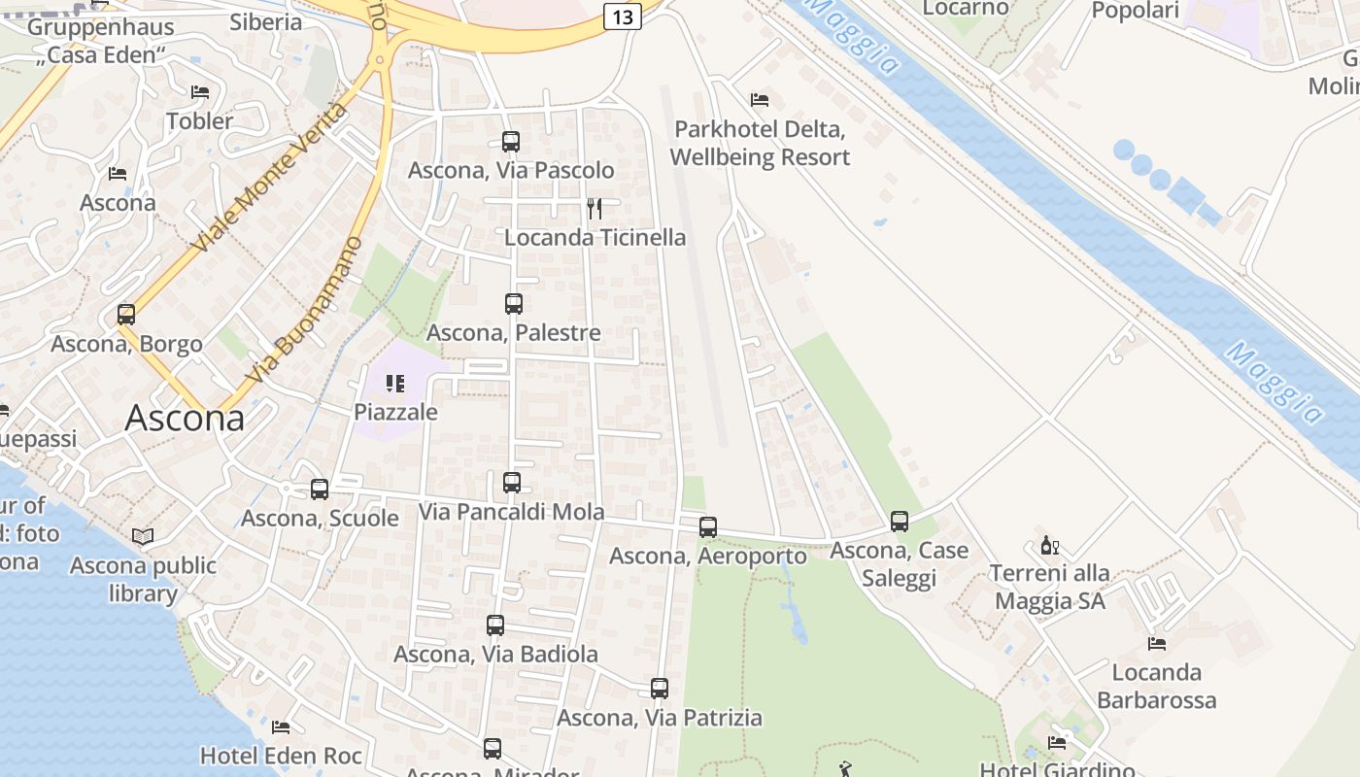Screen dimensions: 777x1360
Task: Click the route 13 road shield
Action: [623, 16]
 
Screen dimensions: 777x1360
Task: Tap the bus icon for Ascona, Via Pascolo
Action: [511, 142]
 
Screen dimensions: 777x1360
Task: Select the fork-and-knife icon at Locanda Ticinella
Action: [595, 209]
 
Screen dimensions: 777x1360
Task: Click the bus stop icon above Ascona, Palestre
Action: [514, 304]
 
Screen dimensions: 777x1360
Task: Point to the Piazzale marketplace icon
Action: [394, 384]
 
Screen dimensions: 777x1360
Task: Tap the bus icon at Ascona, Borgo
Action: [126, 315]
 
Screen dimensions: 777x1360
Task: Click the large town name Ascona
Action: [185, 419]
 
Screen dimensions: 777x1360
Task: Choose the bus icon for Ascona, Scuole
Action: [320, 490]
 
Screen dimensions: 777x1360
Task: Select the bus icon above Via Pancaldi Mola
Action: [512, 483]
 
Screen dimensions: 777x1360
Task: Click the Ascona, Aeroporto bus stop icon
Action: [708, 527]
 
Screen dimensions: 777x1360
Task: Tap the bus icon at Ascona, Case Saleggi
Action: [900, 522]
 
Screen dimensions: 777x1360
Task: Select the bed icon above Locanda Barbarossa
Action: [1156, 643]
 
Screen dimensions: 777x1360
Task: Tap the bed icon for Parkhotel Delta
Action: [760, 100]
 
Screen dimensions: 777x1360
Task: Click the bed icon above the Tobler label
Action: [200, 92]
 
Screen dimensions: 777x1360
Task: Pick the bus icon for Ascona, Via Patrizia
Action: [660, 689]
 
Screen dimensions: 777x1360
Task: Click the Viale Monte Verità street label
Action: [269, 180]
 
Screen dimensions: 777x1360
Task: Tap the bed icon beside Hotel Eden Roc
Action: [281, 726]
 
